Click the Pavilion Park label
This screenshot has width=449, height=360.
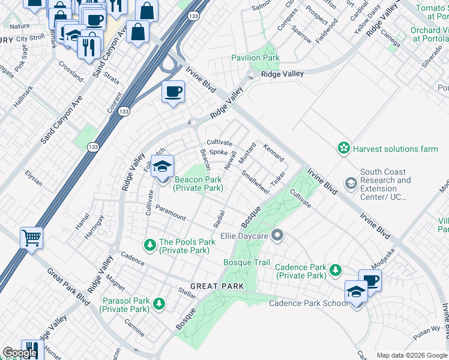tap(256, 58)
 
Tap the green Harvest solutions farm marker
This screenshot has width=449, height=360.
tap(343, 148)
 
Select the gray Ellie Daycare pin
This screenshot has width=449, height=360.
tap(277, 235)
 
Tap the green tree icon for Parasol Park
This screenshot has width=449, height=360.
tap(159, 304)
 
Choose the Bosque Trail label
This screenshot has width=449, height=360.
tap(247, 263)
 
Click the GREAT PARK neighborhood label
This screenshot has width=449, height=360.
tap(217, 286)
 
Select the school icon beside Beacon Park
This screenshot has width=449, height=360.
tap(162, 166)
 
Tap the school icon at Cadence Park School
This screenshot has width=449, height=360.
tap(357, 292)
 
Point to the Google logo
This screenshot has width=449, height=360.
tap(20, 353)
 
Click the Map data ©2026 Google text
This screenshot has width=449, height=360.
tap(411, 355)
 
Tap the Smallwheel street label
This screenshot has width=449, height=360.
tap(255, 182)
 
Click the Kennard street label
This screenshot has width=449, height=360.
tap(274, 152)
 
